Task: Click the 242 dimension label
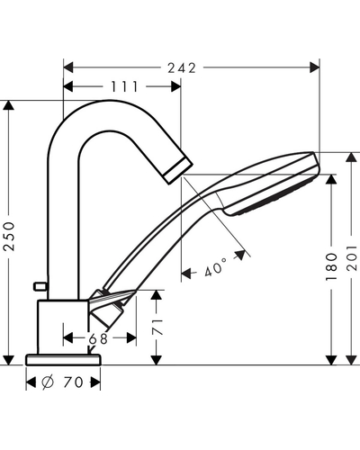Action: click(182, 68)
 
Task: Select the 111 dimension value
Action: click(124, 86)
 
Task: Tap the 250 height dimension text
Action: click(9, 236)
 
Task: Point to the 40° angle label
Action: click(216, 266)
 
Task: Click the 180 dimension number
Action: click(331, 266)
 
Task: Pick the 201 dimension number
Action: click(352, 258)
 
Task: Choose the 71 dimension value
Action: click(157, 327)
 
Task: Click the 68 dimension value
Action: click(98, 338)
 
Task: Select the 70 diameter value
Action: click(73, 382)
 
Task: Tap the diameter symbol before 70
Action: click(48, 382)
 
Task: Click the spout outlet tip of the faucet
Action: click(178, 171)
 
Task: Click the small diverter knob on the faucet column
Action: click(40, 286)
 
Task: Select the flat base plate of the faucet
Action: click(63, 360)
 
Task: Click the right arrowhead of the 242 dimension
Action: click(314, 67)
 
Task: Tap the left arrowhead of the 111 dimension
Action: click(68, 86)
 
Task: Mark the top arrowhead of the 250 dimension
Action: click(9, 105)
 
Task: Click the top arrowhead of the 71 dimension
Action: click(157, 295)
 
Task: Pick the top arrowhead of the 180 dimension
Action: click(331, 179)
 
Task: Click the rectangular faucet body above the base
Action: click(63, 327)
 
